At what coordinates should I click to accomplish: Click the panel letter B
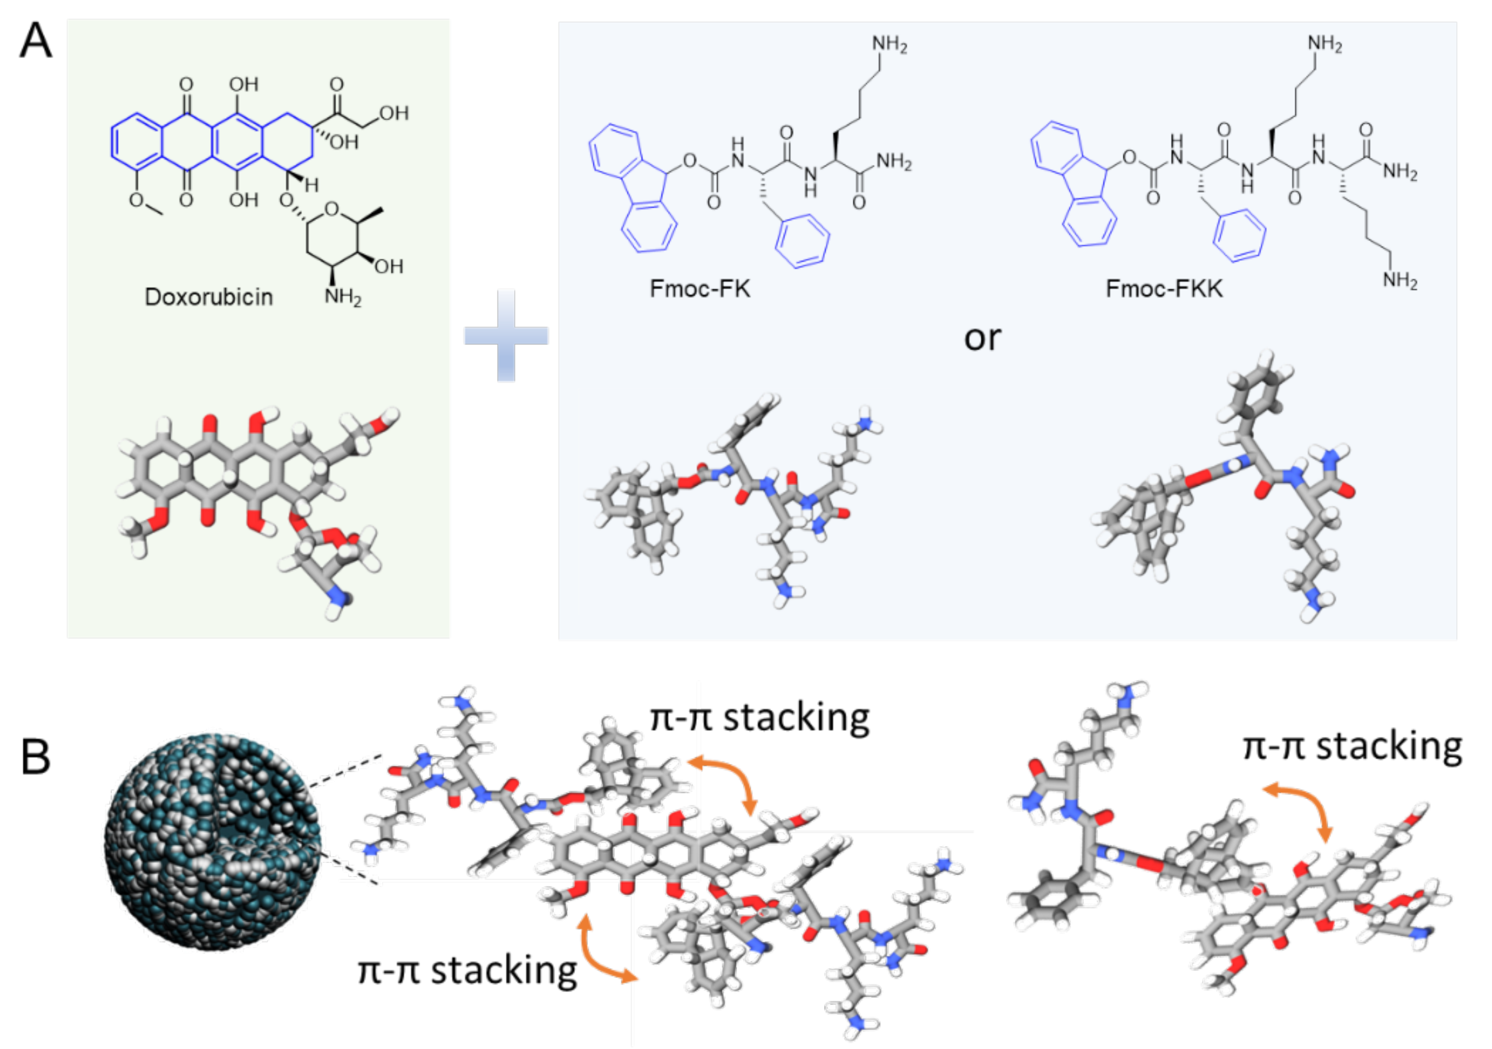36,757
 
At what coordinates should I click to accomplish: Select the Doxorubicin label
208,297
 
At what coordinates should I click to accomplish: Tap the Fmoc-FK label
700,288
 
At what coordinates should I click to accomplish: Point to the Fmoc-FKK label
1164,288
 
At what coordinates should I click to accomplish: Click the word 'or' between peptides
982,338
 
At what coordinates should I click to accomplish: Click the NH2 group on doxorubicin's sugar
342,297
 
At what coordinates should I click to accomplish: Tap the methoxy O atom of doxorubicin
136,200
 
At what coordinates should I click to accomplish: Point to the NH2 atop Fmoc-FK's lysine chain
889,44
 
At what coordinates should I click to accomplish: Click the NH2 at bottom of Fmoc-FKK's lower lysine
1399,281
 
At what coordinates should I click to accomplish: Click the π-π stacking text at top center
760,718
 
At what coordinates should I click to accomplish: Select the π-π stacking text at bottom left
467,970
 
